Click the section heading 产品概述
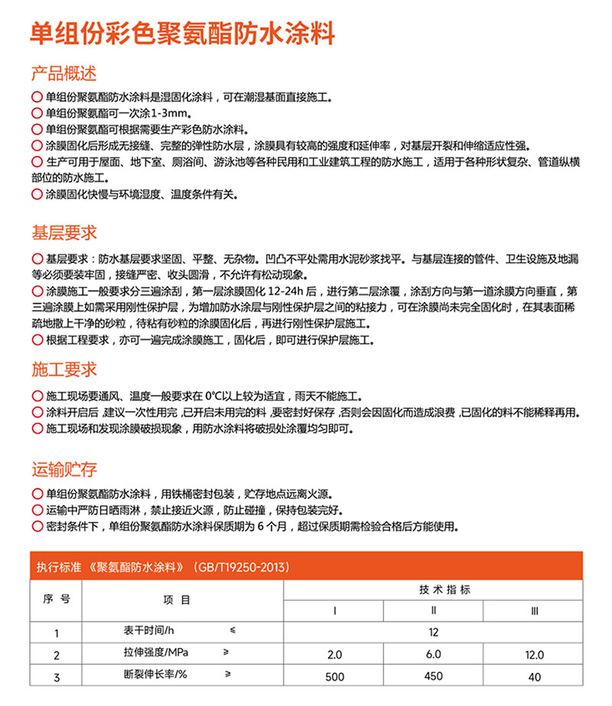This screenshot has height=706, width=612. coord(64,74)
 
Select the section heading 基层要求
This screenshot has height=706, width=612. coord(64,232)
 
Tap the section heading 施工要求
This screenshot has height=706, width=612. coord(64,370)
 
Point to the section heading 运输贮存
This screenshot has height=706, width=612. coord(64,469)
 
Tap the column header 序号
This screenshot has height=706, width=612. coord(57,599)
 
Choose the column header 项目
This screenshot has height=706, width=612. coord(175,600)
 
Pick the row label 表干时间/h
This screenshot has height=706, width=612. coord(150,632)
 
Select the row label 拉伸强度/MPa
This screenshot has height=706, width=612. coord(156,654)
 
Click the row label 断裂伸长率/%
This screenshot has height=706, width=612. coord(155,675)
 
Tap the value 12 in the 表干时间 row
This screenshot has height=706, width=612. coord(434,633)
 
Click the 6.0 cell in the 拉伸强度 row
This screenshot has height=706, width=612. coord(434,655)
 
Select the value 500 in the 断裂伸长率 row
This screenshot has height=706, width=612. coord(334,676)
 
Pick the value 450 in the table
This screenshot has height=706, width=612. coord(434,676)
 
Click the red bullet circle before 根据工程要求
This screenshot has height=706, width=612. coord(37,340)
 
